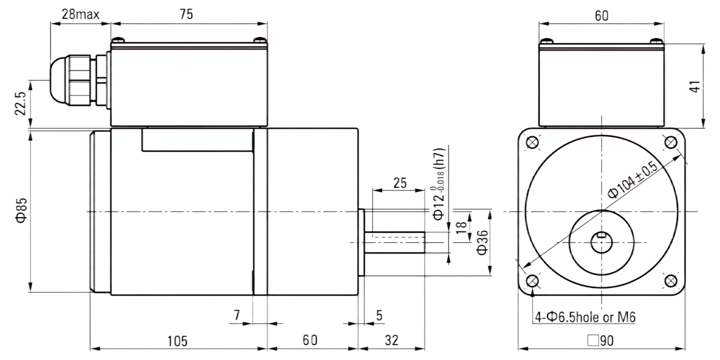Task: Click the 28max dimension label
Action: click(81, 14)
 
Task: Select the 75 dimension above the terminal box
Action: click(186, 14)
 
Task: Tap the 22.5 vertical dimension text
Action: click(20, 103)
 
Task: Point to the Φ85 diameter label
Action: click(22, 211)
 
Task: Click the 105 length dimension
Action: click(177, 341)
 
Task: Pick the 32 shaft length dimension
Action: click(391, 340)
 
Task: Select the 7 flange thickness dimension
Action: click(237, 315)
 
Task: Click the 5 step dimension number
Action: click(379, 315)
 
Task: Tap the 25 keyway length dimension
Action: click(400, 183)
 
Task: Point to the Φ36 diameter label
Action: click(482, 243)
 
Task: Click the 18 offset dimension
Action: click(462, 228)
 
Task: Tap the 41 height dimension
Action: click(695, 86)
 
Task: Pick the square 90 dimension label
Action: click(600, 341)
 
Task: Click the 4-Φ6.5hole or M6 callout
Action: click(585, 317)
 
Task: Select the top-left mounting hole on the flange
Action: click(532, 142)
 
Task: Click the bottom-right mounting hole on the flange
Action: click(670, 281)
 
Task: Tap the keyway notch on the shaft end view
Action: click(601, 235)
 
